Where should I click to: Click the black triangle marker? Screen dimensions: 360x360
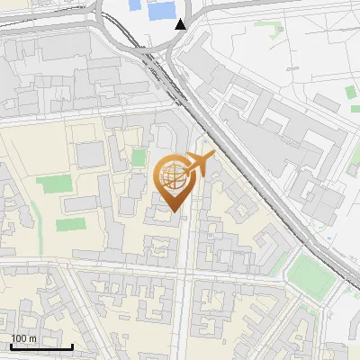(182, 23)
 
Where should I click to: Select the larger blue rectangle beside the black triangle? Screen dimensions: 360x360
(161, 11)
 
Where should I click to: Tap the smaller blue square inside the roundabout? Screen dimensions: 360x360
(136, 4)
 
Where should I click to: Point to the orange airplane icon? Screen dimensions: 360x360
(199, 164)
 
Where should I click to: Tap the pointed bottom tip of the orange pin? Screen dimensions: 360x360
(175, 212)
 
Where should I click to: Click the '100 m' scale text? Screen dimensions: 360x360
(23, 338)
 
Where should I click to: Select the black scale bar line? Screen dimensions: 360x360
(41, 346)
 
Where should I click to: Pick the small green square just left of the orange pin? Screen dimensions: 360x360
(139, 157)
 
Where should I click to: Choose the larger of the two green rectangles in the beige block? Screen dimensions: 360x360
(54, 185)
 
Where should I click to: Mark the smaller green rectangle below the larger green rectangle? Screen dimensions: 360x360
(68, 224)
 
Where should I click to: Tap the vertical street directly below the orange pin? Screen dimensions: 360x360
(184, 261)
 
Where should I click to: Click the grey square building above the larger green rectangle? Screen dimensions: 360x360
(91, 155)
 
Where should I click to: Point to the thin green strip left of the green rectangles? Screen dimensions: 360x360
(33, 216)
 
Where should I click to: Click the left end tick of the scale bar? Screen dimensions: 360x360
(11, 346)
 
